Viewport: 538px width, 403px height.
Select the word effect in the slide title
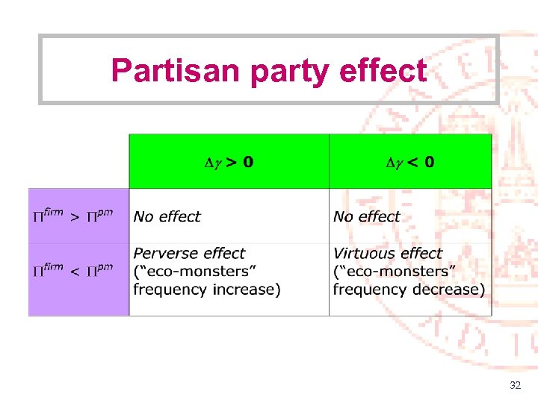click(383, 70)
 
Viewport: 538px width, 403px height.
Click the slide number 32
click(515, 386)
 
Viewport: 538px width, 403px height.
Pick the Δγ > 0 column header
click(229, 162)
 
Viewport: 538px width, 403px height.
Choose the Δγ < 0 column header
click(409, 162)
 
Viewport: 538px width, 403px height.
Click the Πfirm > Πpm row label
click(72, 216)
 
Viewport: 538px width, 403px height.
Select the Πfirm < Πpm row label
click(72, 269)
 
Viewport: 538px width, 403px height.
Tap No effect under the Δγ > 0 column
click(167, 216)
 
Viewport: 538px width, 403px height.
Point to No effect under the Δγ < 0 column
click(367, 216)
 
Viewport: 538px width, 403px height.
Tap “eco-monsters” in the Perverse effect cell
click(192, 272)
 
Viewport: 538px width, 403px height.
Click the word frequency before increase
click(169, 290)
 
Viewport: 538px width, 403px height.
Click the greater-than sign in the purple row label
click(74, 217)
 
